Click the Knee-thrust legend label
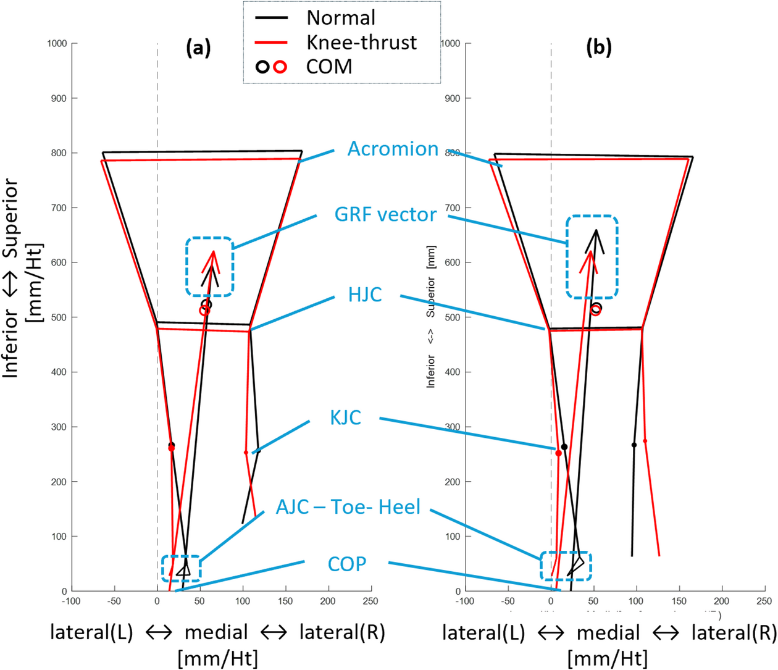(x=361, y=42)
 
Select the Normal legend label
(x=341, y=17)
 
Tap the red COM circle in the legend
(x=280, y=67)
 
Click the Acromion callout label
(x=393, y=149)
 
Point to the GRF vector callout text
(x=385, y=214)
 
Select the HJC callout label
(x=365, y=295)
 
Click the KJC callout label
(x=345, y=417)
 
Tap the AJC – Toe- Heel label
(x=348, y=507)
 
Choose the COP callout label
(x=346, y=564)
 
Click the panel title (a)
(x=198, y=48)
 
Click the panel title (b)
(x=598, y=48)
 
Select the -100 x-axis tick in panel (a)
(x=72, y=601)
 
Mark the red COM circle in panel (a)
(x=204, y=311)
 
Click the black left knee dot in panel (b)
(x=564, y=447)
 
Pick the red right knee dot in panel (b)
(x=645, y=441)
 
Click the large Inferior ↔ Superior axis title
(x=21, y=278)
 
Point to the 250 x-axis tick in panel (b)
(x=764, y=601)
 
